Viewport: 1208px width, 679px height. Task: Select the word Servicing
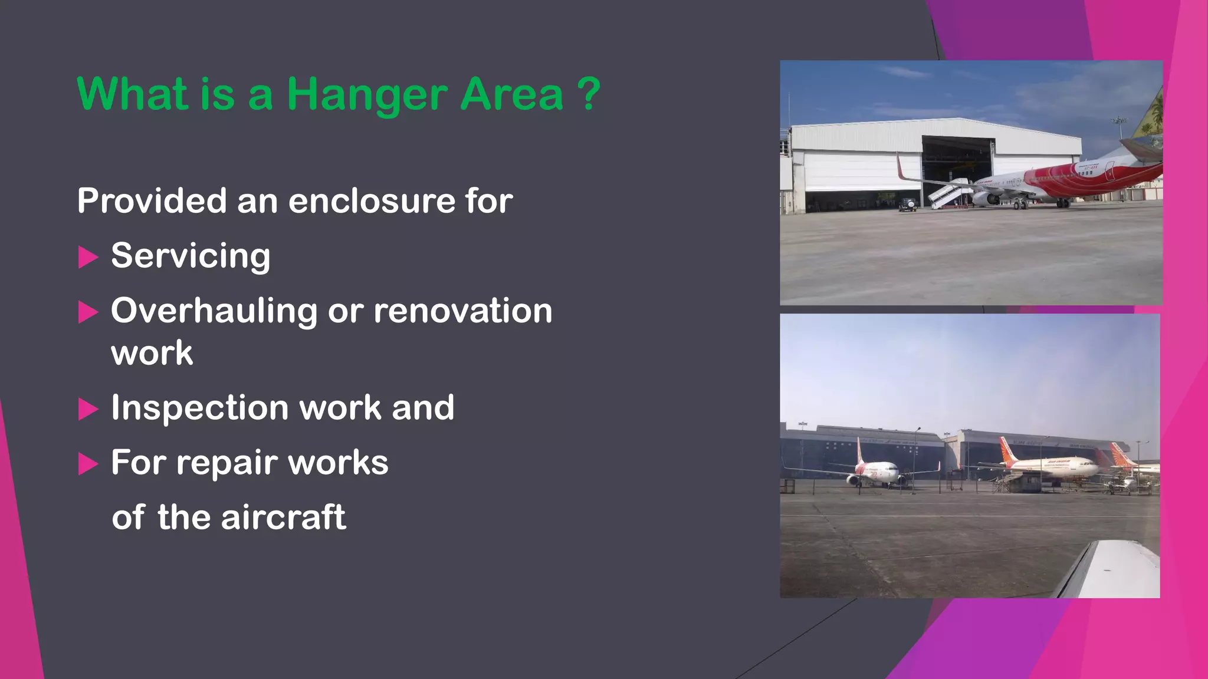click(x=191, y=256)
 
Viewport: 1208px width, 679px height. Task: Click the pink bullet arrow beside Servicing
click(x=88, y=257)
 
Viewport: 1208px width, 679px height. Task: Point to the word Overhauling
click(x=214, y=311)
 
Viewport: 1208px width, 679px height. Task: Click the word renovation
click(x=463, y=311)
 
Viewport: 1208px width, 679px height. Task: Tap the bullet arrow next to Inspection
click(x=88, y=408)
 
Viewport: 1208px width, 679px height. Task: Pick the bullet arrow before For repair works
click(x=88, y=464)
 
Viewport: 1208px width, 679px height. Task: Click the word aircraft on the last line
click(x=283, y=517)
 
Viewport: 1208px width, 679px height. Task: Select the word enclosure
click(x=371, y=200)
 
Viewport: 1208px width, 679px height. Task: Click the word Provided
click(x=152, y=200)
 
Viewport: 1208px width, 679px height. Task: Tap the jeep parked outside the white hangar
click(x=907, y=205)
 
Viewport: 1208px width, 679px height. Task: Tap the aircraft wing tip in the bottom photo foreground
click(x=1109, y=569)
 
